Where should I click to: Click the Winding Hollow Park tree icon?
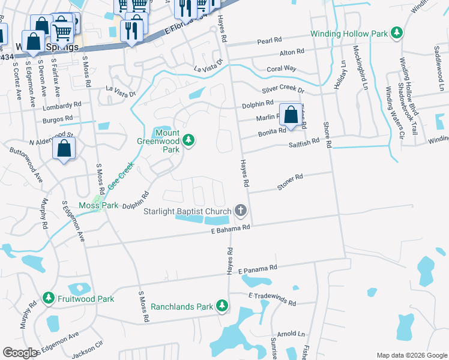click(x=396, y=34)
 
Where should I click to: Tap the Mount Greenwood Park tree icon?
click(x=189, y=140)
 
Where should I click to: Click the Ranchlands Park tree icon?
click(x=222, y=306)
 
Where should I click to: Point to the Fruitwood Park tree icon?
click(x=49, y=298)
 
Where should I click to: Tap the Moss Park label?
click(x=97, y=205)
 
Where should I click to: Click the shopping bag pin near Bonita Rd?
click(x=291, y=115)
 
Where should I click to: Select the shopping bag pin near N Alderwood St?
click(x=64, y=149)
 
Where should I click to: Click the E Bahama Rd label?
click(x=230, y=229)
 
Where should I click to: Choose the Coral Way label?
click(x=282, y=68)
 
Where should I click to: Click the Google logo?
click(x=20, y=353)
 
